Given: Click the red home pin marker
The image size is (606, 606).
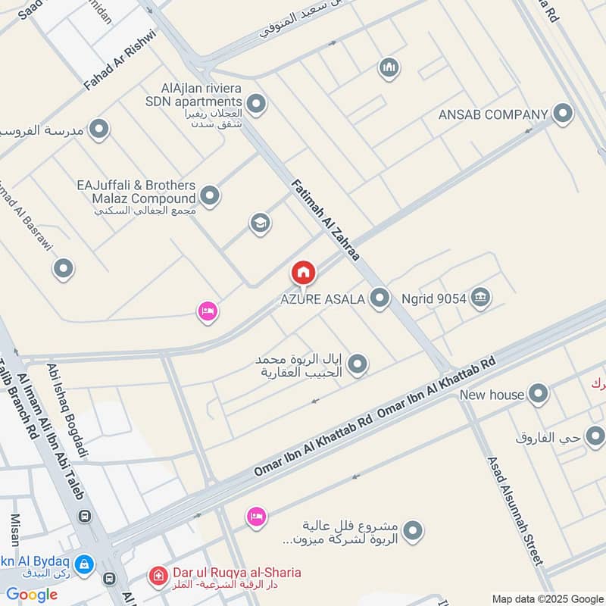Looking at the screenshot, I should coord(303,273).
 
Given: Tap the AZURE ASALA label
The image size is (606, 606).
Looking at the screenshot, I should coord(323,299).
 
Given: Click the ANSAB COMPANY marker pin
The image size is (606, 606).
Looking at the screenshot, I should coord(562,114).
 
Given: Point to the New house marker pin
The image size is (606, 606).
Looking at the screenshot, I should coord(538,394).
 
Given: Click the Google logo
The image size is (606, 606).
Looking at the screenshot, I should coord(32,595).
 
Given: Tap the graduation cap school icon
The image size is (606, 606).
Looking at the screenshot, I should coord(260,223).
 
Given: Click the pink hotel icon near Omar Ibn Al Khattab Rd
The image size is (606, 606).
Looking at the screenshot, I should coord(257,517).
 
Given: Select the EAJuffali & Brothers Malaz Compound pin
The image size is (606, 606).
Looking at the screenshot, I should coord(211,196).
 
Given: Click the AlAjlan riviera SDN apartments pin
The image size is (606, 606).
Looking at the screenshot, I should coord(257,104).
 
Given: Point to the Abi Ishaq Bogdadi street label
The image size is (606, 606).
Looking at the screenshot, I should coord(68,409).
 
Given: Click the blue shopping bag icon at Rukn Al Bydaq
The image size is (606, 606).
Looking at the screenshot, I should coord(84,564).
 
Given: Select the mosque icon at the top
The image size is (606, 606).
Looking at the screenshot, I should coord(389,68).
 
